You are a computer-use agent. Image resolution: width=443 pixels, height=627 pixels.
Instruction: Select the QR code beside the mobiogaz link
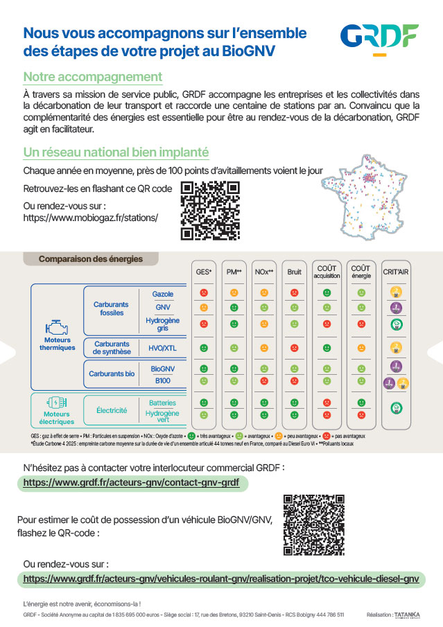[x=209, y=211]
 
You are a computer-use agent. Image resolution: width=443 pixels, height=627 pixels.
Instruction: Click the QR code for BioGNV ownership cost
[x=314, y=524]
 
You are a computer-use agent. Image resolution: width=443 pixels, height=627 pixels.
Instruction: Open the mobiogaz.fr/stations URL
[x=91, y=218]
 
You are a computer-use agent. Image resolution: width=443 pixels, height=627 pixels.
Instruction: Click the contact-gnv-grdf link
[x=132, y=482]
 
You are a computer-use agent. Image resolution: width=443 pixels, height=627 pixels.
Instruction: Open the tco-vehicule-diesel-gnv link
[x=221, y=579]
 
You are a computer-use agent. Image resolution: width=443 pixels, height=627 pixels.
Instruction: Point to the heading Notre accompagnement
[x=93, y=77]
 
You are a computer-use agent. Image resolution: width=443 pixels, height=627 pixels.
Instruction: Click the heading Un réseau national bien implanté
[x=116, y=152]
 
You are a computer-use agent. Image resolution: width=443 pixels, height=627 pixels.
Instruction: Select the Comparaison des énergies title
[x=91, y=259]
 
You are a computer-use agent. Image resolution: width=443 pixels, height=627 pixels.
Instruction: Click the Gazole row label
[x=163, y=294]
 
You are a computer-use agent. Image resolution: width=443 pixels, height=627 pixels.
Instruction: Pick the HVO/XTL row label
[x=163, y=348]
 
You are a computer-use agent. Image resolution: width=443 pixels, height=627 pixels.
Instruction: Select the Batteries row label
[x=163, y=403]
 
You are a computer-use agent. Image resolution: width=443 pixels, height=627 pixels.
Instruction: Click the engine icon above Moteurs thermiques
[x=57, y=327]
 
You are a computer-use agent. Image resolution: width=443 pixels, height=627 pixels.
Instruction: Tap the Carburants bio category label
[x=112, y=374]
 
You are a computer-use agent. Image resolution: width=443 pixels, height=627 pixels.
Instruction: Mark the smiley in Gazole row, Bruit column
[x=294, y=293]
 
